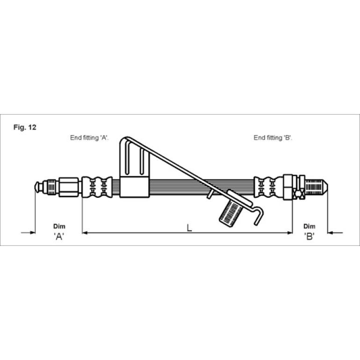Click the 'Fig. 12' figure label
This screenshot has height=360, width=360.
pyautogui.click(x=25, y=127)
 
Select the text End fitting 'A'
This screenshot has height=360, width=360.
pyautogui.click(x=89, y=138)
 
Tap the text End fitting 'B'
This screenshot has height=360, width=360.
pyautogui.click(x=273, y=138)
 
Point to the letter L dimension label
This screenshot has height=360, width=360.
pyautogui.click(x=189, y=228)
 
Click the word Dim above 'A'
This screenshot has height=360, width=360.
pyautogui.click(x=59, y=226)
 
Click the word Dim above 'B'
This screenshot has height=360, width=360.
pyautogui.click(x=309, y=226)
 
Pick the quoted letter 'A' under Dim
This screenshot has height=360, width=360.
pyautogui.click(x=59, y=236)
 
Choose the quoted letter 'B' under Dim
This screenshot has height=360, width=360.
pyautogui.click(x=309, y=236)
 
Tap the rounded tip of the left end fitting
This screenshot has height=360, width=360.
pyautogui.click(x=36, y=187)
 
